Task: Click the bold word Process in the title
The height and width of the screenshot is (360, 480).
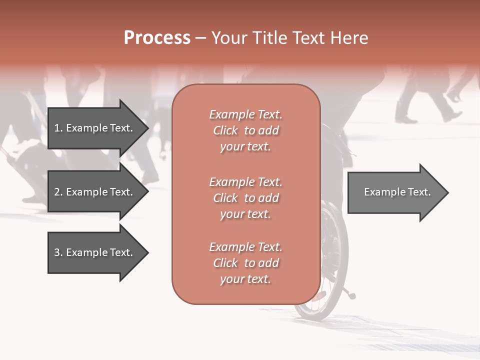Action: (157, 37)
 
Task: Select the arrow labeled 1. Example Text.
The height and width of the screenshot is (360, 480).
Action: (95, 128)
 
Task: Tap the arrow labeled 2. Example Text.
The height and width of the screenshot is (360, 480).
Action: (95, 192)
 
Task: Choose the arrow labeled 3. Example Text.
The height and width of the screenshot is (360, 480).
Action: (95, 252)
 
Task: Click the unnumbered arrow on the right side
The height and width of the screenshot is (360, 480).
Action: (395, 192)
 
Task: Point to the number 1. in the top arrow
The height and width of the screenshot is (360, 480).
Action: (58, 128)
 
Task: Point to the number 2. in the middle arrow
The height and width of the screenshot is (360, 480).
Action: (58, 192)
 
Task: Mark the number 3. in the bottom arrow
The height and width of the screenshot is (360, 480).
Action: (58, 252)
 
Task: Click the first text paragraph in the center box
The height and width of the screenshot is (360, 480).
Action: (245, 130)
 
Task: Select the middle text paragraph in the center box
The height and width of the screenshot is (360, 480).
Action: (245, 198)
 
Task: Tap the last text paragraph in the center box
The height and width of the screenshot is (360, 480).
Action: (245, 263)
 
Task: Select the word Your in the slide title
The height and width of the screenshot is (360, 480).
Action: (229, 37)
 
